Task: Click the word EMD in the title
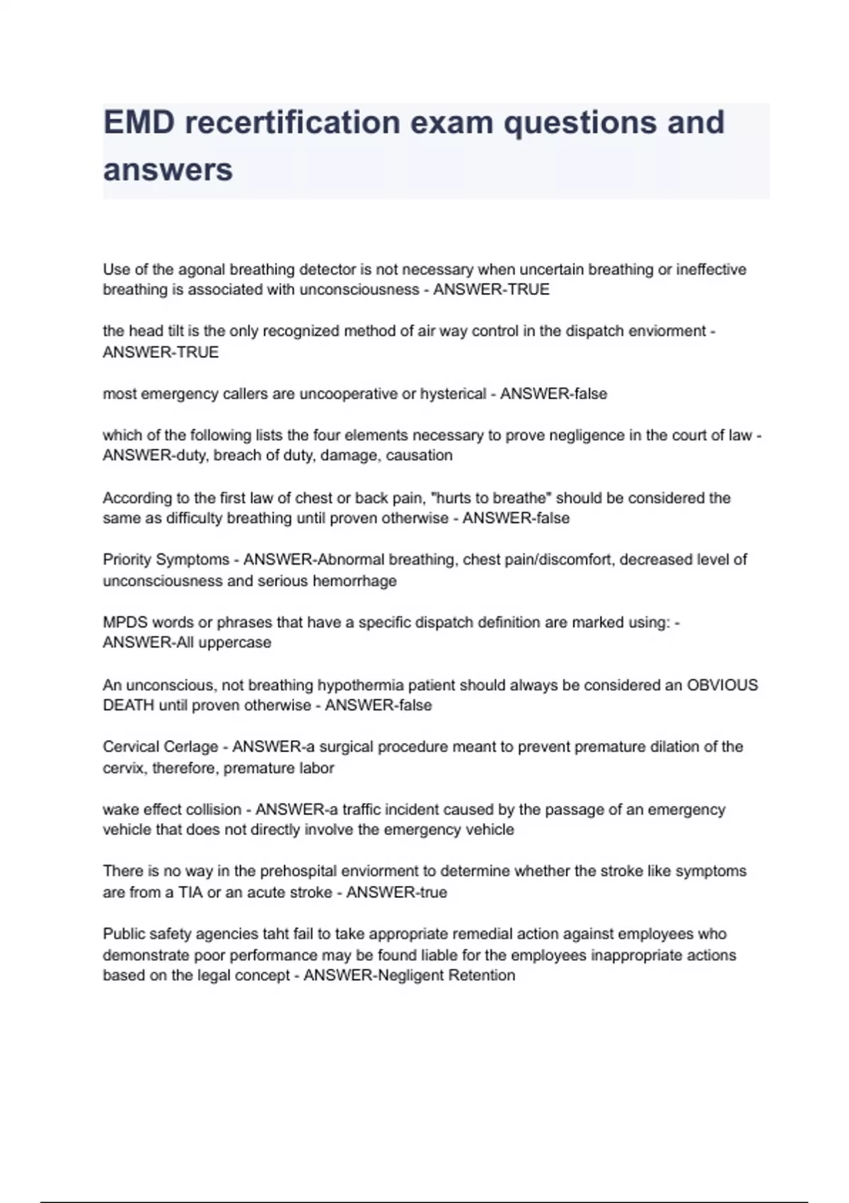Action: click(x=138, y=122)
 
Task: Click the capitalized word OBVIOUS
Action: click(x=722, y=685)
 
